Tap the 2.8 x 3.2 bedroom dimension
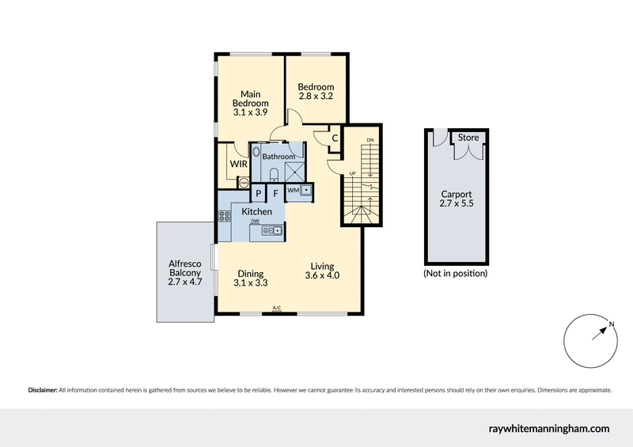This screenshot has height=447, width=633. coord(316,97)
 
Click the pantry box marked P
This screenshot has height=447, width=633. coord(258,192)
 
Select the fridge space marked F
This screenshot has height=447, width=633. coord(276,192)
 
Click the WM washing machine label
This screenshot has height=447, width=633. coord(293,190)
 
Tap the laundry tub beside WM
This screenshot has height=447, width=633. coord(305,190)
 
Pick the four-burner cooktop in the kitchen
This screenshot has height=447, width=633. coord(224,217)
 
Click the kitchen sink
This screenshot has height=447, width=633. coord(271,230)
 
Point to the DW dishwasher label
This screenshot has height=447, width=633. coord(256,222)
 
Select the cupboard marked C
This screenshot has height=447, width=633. coord(335,138)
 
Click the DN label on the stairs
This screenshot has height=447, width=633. coord(369,141)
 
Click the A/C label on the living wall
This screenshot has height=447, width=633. coord(277,307)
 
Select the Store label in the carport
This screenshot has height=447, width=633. coord(469,138)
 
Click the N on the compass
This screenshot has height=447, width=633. coord(612,322)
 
